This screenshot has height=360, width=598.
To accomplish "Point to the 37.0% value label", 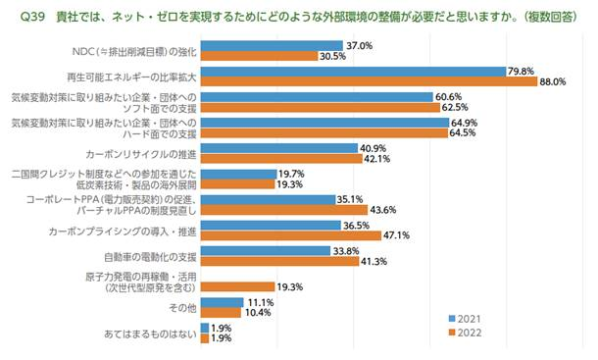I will point(359,45).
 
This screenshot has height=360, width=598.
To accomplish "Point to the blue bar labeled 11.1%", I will point(223,301).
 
